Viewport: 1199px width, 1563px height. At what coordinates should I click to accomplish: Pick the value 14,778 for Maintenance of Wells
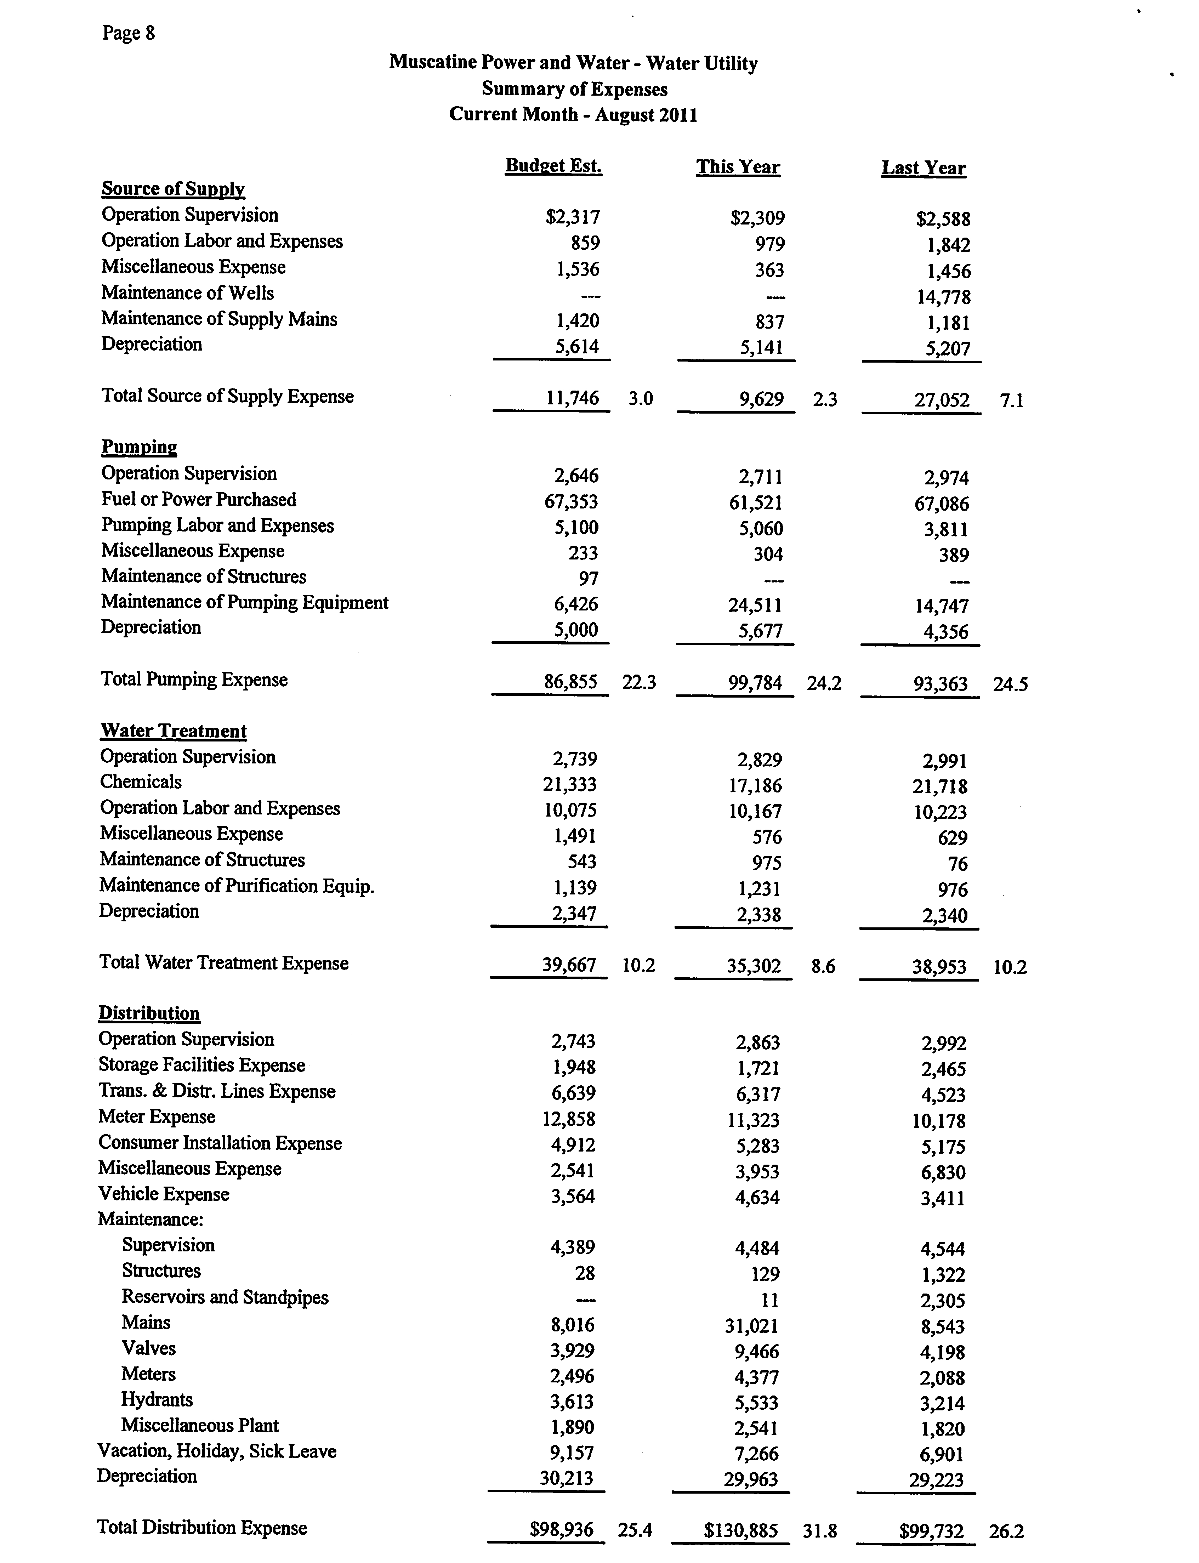[x=943, y=297]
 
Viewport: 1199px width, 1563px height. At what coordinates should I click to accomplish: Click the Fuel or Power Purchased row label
[x=198, y=500]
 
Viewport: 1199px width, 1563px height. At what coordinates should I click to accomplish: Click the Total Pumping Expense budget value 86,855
[x=571, y=682]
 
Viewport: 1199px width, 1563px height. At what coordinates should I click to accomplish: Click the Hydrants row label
[x=157, y=1399]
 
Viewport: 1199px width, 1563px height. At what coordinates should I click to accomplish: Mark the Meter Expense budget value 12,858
[x=569, y=1119]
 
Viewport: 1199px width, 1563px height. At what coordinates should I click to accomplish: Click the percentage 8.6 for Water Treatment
[x=824, y=967]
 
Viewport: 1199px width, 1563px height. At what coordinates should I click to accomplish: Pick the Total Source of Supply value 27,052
[x=942, y=400]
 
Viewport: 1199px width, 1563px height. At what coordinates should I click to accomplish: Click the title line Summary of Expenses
[x=574, y=89]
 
